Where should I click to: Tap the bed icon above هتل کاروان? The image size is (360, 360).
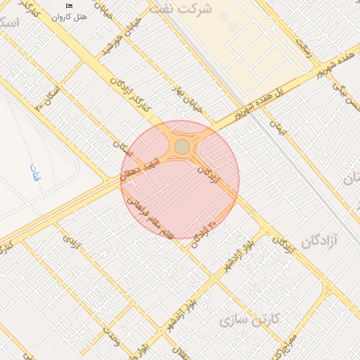coord(69,6)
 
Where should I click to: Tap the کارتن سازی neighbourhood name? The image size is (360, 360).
coord(250,320)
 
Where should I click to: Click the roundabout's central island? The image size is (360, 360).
coord(182,146)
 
